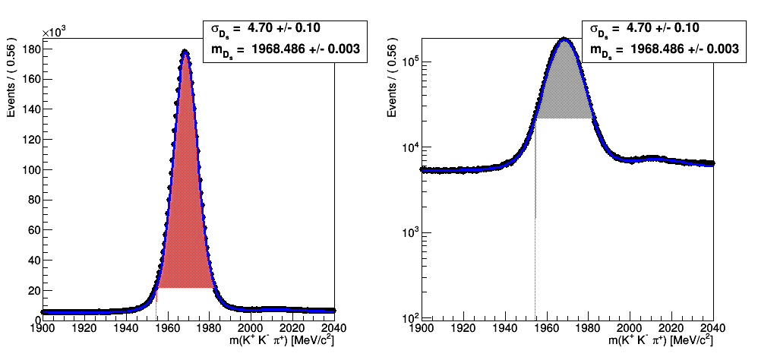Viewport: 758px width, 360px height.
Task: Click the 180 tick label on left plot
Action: pos(30,49)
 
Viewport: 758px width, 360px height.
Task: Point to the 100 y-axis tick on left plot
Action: pos(30,169)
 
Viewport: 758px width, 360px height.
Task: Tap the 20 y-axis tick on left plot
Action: pos(33,290)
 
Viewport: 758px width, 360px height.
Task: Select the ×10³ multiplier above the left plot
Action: pos(55,32)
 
